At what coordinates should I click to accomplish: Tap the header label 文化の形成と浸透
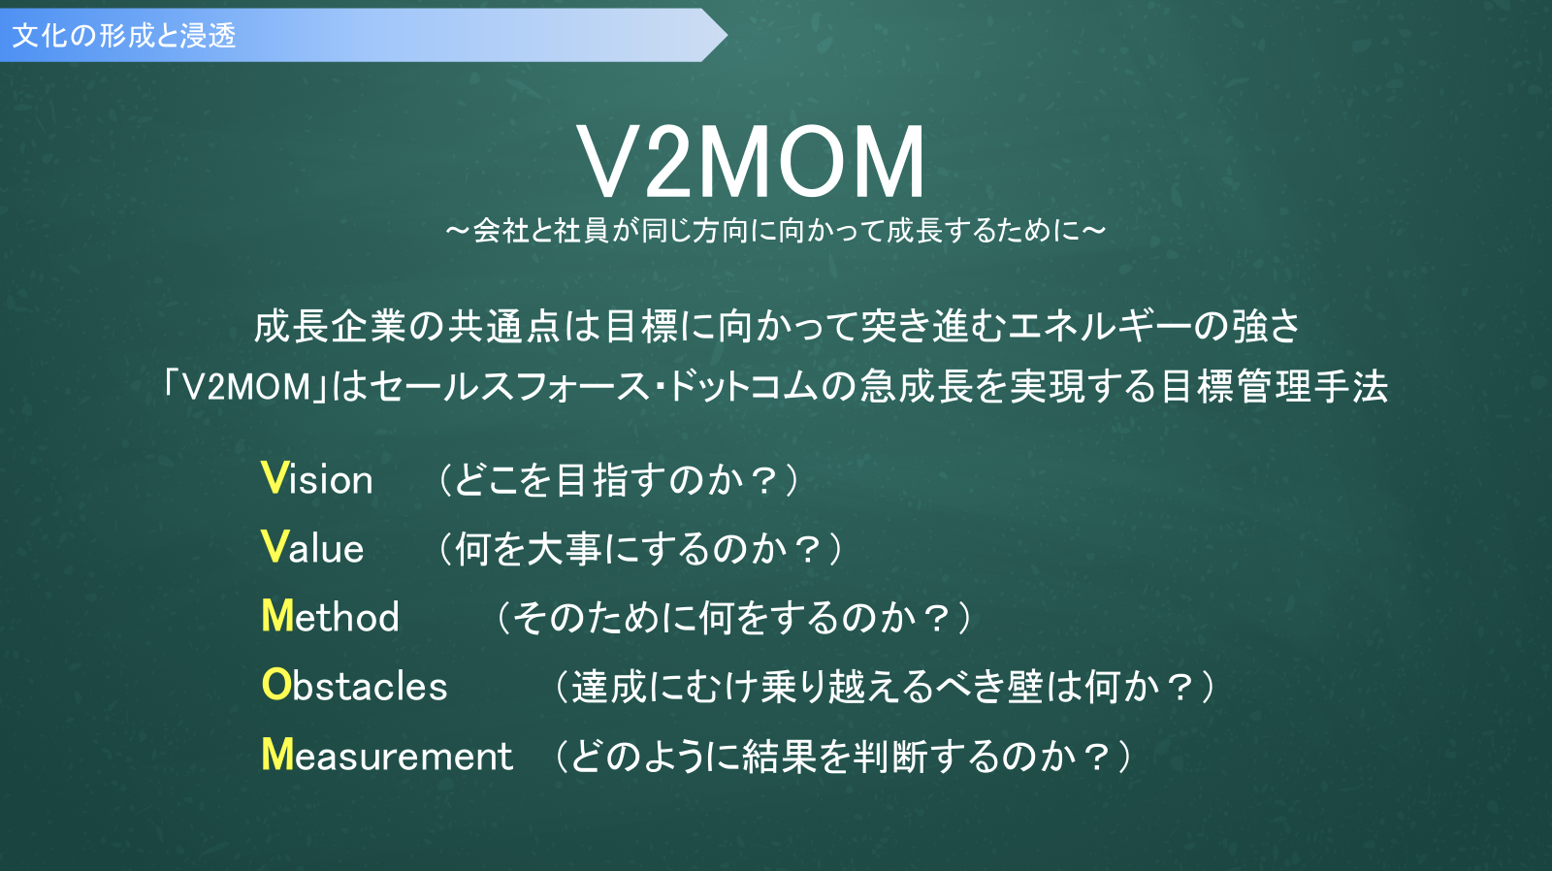125,35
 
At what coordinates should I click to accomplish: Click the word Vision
317,478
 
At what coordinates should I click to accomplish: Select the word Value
312,547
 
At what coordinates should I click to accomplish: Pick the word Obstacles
355,686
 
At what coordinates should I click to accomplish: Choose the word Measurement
387,755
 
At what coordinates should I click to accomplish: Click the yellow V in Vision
274,478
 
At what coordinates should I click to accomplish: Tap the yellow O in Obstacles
276,686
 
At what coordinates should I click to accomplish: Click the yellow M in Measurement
277,755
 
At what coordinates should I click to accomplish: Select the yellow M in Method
277,616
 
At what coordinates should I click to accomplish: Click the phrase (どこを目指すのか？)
620,479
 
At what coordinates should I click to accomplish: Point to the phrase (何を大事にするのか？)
640,549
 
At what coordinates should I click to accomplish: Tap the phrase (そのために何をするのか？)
734,618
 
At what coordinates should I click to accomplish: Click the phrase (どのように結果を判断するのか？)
844,756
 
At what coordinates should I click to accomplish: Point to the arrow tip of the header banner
727,35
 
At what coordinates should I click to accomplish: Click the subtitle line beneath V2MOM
775,231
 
